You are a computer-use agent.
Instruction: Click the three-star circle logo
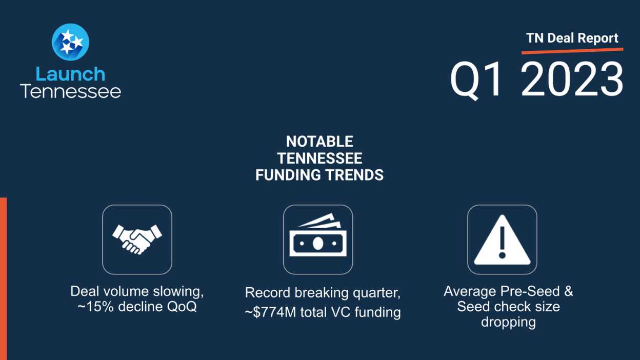pos(70,42)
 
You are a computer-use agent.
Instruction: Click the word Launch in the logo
pos(71,74)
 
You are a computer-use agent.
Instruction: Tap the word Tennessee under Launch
pos(70,91)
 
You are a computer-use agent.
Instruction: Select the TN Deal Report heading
pos(572,38)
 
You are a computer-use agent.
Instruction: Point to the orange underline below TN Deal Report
pos(572,51)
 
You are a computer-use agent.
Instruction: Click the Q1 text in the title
pos(476,80)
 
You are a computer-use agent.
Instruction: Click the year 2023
pos(572,79)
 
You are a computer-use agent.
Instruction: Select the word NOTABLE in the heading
pos(319,142)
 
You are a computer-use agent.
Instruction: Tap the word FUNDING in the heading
pos(288,175)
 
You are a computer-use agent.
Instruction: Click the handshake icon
pos(137,239)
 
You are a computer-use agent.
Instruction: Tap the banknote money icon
pos(318,235)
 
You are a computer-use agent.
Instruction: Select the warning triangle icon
pos(502,239)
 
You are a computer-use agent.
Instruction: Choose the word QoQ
pos(182,307)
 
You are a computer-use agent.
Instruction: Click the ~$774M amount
pos(270,312)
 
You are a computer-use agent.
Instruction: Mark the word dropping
pos(508,322)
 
